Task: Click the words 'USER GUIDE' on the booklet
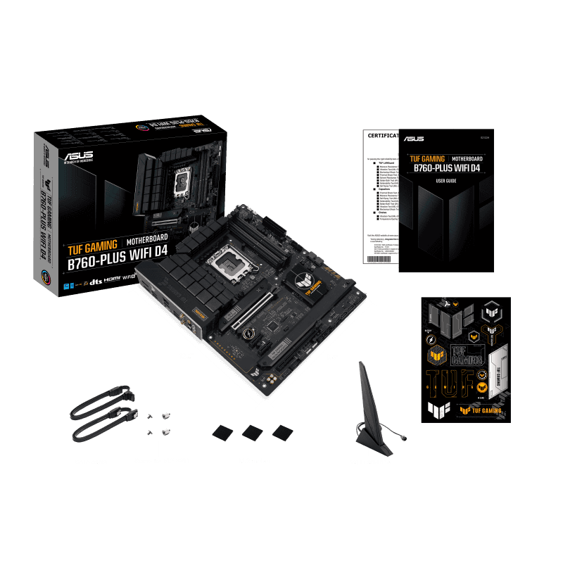click(x=447, y=182)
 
